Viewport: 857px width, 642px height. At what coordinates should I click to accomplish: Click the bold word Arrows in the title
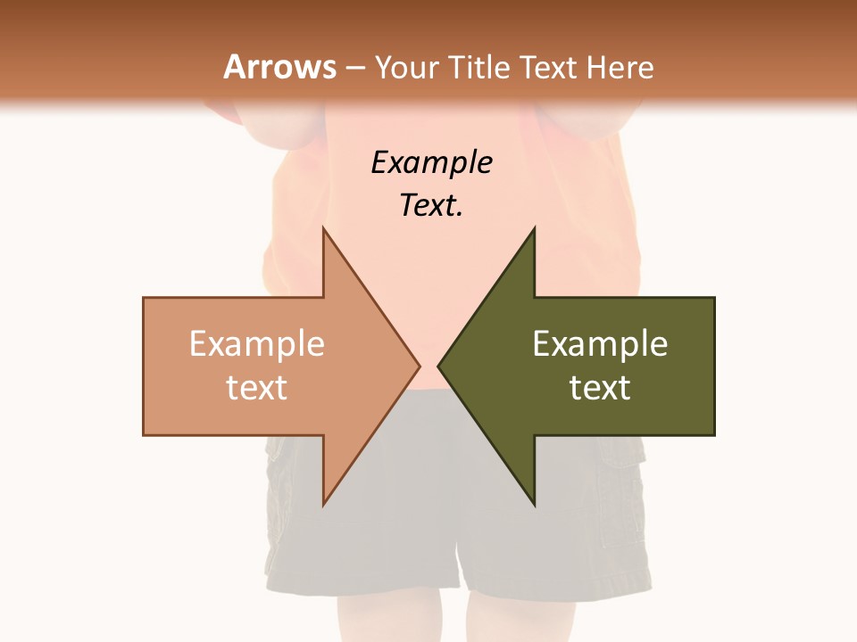click(279, 67)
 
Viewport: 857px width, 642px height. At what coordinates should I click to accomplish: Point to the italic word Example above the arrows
click(431, 163)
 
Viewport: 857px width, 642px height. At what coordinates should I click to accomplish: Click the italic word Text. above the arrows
click(431, 206)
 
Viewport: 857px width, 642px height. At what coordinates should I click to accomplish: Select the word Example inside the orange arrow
click(256, 344)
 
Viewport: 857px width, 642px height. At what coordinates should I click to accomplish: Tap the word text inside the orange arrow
click(256, 387)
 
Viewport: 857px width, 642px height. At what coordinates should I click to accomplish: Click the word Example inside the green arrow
click(600, 344)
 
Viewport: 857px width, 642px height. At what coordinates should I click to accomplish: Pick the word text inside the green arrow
click(600, 387)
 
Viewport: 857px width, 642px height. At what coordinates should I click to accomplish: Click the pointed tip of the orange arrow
click(420, 366)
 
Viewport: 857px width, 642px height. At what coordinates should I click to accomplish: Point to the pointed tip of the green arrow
click(438, 366)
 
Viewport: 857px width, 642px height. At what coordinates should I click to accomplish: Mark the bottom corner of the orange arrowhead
click(324, 505)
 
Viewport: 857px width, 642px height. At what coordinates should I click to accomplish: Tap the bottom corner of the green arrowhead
click(534, 505)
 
